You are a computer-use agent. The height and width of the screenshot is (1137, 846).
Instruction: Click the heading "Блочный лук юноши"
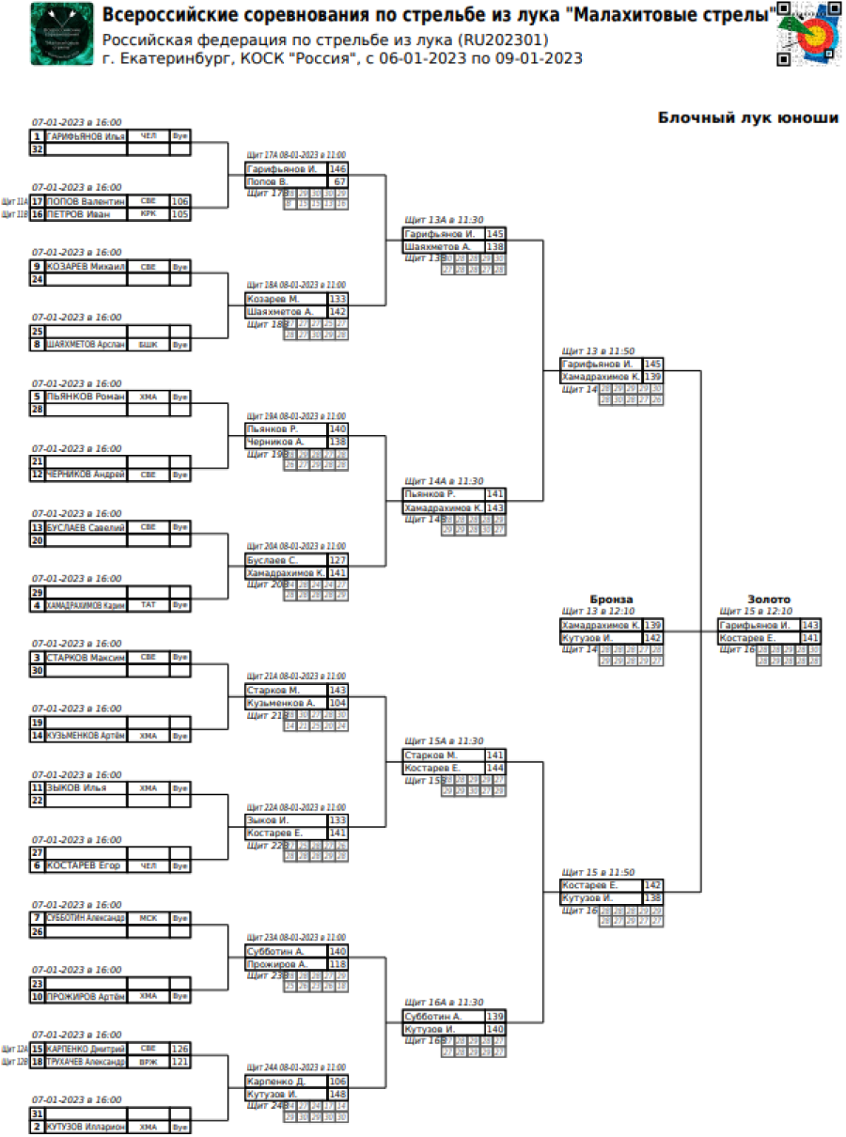[747, 118]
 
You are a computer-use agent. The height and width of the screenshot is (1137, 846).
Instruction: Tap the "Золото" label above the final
[768, 599]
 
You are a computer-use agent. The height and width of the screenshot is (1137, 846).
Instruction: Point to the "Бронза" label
[611, 599]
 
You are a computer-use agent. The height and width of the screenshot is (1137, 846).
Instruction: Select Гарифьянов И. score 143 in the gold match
[810, 625]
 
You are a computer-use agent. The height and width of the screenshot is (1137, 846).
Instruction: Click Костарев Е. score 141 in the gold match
[810, 638]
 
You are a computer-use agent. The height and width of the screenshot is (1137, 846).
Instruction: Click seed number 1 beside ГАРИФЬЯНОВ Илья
[37, 136]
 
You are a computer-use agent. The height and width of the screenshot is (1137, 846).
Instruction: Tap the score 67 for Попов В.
[338, 181]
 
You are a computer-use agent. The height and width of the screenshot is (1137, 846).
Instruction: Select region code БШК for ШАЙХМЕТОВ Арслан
[148, 345]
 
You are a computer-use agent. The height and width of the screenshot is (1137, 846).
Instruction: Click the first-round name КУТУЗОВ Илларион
[86, 1127]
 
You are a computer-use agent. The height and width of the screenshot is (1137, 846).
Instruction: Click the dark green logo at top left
[62, 35]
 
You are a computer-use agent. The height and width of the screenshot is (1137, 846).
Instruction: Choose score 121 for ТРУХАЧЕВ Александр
[180, 1062]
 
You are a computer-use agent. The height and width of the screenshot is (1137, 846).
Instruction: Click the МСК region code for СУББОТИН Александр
[148, 918]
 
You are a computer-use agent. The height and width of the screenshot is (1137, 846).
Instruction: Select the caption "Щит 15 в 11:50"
[597, 872]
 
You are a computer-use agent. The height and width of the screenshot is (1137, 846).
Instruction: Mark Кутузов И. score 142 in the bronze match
[653, 638]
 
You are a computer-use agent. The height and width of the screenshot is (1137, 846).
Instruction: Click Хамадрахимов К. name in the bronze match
[600, 625]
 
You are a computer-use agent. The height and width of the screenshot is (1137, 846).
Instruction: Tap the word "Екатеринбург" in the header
[164, 58]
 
